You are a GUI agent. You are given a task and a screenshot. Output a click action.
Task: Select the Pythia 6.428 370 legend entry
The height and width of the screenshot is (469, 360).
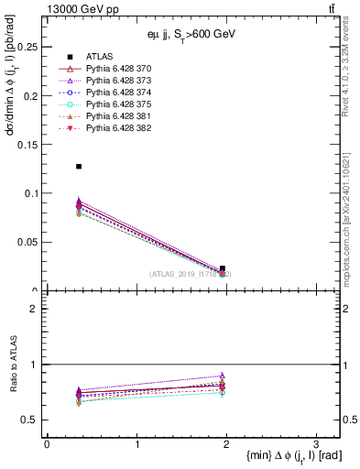tap(118, 69)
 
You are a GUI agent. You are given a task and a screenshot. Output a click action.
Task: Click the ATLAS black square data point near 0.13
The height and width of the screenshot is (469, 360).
tap(79, 166)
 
